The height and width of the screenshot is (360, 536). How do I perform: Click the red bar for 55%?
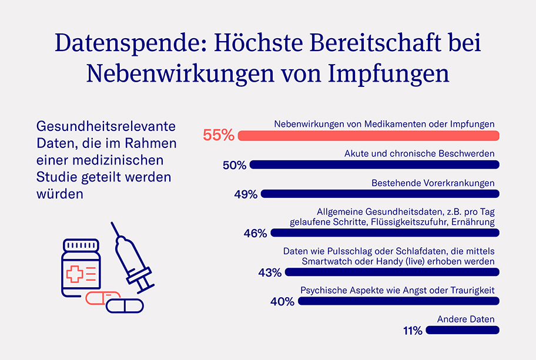click(x=369, y=136)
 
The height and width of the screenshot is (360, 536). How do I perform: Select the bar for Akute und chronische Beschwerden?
click(x=374, y=165)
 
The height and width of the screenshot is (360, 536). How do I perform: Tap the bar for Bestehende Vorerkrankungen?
click(x=380, y=194)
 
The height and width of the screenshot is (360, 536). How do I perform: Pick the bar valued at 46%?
click(x=385, y=233)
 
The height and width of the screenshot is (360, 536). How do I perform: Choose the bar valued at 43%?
click(x=392, y=272)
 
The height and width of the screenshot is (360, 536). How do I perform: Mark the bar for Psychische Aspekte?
click(x=398, y=301)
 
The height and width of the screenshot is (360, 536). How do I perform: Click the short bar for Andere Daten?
click(x=463, y=330)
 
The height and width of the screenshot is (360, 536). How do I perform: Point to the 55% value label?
click(x=219, y=135)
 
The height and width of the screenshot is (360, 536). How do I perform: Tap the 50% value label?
click(x=234, y=165)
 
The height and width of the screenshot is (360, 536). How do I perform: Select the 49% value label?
click(x=246, y=194)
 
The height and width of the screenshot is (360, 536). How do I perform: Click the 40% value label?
click(x=282, y=302)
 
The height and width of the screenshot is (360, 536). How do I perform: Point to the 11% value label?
click(x=413, y=331)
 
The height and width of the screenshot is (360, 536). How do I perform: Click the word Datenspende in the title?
click(x=131, y=43)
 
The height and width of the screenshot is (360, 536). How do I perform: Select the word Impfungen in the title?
click(x=388, y=73)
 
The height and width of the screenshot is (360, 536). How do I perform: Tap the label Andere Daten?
click(x=465, y=319)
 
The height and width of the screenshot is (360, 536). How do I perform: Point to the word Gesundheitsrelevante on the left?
click(x=106, y=126)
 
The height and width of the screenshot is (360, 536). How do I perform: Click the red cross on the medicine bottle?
click(x=75, y=274)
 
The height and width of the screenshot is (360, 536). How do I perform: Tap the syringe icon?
click(x=133, y=258)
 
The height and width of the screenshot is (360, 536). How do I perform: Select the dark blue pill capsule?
click(x=125, y=306)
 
